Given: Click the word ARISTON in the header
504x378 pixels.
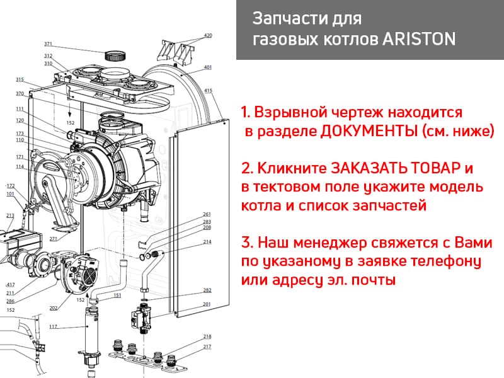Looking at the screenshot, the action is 419,39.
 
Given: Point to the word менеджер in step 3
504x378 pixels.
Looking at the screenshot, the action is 329,243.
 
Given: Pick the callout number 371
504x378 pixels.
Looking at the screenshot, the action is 48,43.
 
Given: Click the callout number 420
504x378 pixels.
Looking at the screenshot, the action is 208,35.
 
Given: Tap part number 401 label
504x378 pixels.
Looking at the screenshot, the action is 208,67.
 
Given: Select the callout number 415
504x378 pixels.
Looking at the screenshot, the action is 209,91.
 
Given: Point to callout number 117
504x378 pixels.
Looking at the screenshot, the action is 53,326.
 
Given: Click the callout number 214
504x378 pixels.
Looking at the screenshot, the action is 207,242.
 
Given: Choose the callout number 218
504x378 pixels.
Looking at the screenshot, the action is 207,336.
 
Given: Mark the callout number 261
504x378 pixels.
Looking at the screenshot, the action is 207,214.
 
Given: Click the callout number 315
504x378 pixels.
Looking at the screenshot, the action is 20,79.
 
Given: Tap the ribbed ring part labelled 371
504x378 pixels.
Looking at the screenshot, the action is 115,55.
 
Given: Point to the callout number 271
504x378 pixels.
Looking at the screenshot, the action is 54,239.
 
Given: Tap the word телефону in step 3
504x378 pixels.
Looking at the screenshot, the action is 447,261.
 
